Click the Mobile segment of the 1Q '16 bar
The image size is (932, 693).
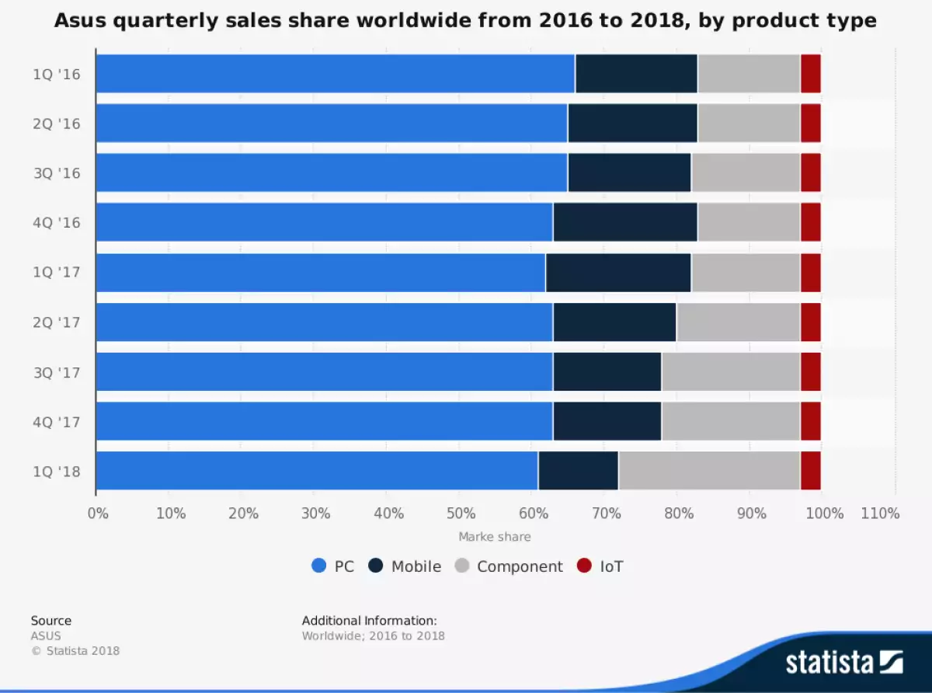(x=636, y=74)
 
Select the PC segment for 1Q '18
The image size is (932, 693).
(x=317, y=471)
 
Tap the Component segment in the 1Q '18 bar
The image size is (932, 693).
(x=709, y=471)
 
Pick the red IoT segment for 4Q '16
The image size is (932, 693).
(x=810, y=222)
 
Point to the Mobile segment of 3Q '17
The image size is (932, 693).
(x=607, y=371)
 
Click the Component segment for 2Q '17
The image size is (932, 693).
(x=738, y=322)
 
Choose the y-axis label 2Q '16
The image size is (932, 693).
(x=57, y=124)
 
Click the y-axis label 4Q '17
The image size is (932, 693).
(x=57, y=422)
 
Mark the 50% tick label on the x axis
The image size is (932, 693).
(x=461, y=514)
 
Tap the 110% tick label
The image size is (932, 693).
(x=880, y=514)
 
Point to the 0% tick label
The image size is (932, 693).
(x=98, y=514)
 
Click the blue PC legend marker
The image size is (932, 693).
(x=318, y=566)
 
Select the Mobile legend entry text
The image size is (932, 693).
(x=416, y=566)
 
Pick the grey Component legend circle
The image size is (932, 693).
(x=461, y=566)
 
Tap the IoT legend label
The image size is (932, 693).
(x=611, y=566)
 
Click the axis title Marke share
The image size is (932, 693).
(x=495, y=537)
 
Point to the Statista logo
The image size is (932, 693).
(x=843, y=662)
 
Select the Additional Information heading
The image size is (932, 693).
(x=369, y=621)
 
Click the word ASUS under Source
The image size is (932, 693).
(x=46, y=636)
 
